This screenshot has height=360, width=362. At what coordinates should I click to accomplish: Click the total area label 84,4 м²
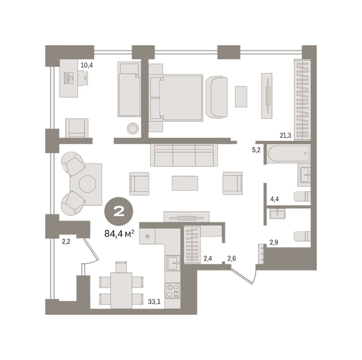pyautogui.click(x=119, y=234)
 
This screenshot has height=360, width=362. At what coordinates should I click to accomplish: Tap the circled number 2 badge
pyautogui.click(x=119, y=211)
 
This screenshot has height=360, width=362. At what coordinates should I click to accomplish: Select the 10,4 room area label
pyautogui.click(x=87, y=65)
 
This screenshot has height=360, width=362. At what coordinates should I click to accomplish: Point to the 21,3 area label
pyautogui.click(x=285, y=135)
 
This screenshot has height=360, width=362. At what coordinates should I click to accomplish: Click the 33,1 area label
pyautogui.click(x=154, y=302)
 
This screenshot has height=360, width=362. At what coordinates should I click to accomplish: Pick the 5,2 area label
pyautogui.click(x=256, y=150)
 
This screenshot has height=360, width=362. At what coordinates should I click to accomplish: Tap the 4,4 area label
pyautogui.click(x=274, y=199)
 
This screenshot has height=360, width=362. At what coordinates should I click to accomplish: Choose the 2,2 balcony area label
pyautogui.click(x=66, y=242)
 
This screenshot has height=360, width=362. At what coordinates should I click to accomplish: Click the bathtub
pyautogui.click(x=288, y=154)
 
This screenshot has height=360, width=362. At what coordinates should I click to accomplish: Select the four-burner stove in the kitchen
pyautogui.click(x=173, y=291)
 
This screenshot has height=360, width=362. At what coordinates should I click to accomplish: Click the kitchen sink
pyautogui.click(x=173, y=263)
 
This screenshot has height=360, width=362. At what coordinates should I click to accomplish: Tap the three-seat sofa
pyautogui.click(x=184, y=155)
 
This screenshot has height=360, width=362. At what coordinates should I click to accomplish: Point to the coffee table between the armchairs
pyautogui.click(x=185, y=183)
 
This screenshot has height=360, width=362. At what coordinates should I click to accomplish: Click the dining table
pyautogui.click(x=121, y=291)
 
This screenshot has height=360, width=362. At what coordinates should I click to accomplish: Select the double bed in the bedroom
pyautogui.click(x=176, y=97)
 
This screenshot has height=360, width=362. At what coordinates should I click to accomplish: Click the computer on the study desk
pyautogui.click(x=69, y=78)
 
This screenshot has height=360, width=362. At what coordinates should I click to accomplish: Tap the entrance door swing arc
pyautogui.click(x=255, y=275)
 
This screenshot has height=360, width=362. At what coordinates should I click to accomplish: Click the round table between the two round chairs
pyautogui.click(x=87, y=184)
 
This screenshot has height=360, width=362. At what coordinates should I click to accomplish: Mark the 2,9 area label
pyautogui.click(x=274, y=242)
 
